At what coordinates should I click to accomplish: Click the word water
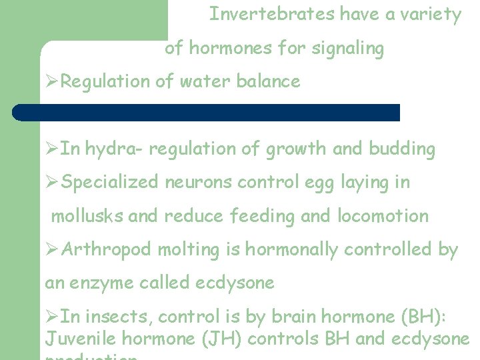coord(200,82)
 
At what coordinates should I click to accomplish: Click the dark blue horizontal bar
coord(207,112)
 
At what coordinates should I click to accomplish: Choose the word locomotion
coord(388,216)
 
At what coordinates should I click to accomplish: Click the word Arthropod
coord(107,250)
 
